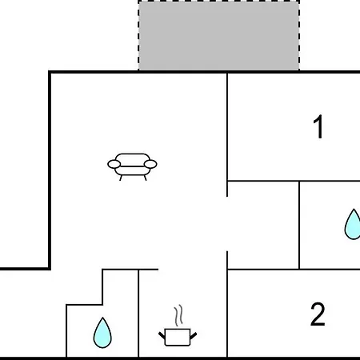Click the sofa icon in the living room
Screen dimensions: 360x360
coord(132,166)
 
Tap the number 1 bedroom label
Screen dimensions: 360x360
coord(318,126)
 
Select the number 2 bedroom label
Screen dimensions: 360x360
coord(318,314)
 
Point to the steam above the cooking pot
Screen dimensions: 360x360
coord(179,315)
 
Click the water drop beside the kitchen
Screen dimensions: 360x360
coord(102,333)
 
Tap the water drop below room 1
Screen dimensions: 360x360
coord(353,225)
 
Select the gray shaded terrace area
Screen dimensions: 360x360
coord(218,36)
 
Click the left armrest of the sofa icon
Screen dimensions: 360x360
coord(114,164)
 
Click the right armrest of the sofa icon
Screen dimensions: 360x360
coord(150,164)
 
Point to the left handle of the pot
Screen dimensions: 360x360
coord(162,335)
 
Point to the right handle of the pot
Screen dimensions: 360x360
coord(194,335)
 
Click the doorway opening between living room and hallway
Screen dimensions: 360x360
coord(227,224)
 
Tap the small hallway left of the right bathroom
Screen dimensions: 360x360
coord(263,226)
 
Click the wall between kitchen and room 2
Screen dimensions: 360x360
coord(227,314)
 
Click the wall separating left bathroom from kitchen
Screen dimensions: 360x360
coord(138,314)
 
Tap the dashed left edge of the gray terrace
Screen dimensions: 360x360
coord(138,36)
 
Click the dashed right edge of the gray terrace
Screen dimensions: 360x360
coord(299,36)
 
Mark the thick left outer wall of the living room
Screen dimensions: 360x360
coord(50,170)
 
